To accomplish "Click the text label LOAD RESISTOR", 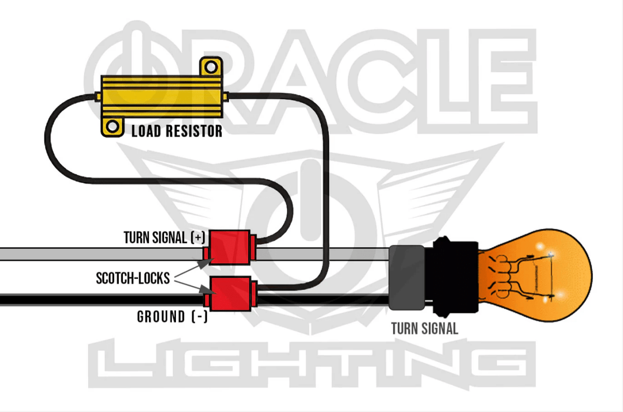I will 176,131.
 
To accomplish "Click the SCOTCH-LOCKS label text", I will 132,278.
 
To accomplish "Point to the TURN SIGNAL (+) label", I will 164,238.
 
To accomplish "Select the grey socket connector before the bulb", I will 405,277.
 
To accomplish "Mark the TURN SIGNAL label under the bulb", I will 424,328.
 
